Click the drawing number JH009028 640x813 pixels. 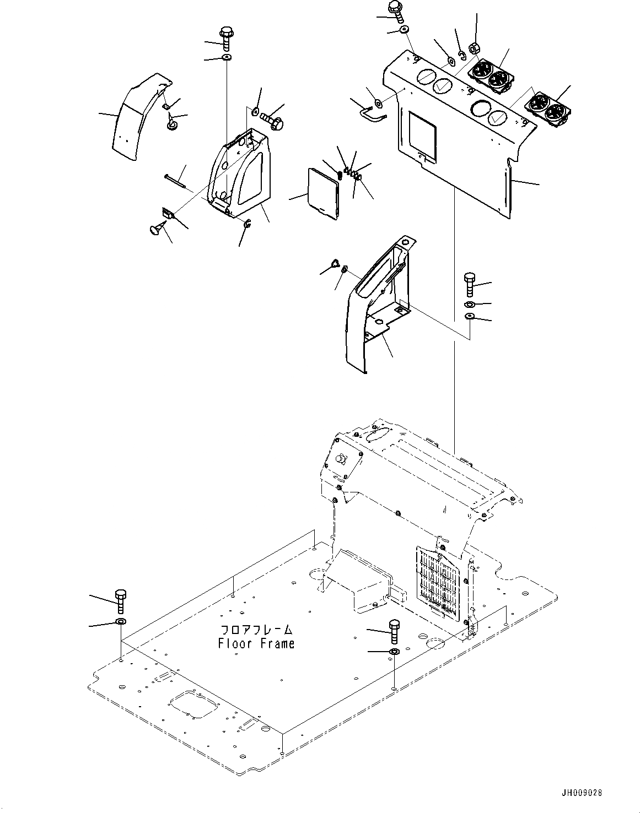click(583, 794)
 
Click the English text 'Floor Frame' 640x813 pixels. click(256, 643)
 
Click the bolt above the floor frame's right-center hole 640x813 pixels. click(394, 631)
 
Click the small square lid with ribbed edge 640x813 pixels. click(321, 191)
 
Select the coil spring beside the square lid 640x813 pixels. click(340, 173)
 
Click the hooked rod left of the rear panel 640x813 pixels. click(368, 113)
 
